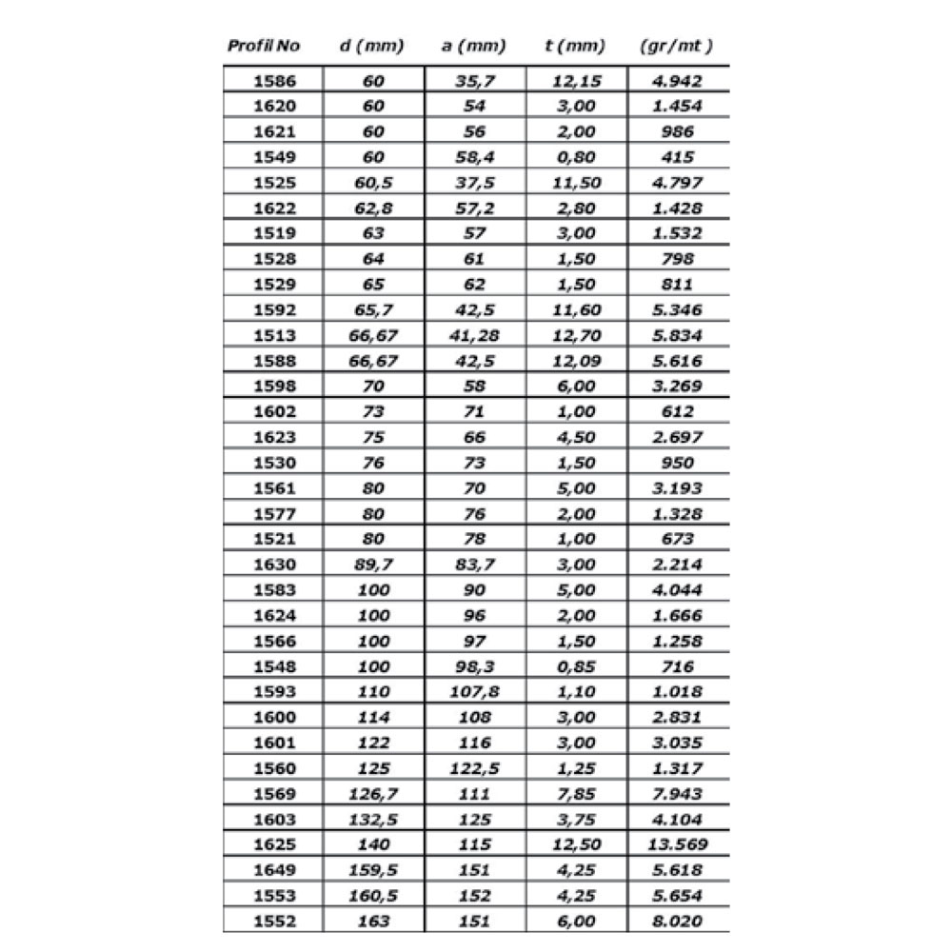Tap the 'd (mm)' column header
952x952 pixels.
tap(372, 46)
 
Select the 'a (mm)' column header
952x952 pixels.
tap(474, 46)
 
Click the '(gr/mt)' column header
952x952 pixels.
tap(678, 46)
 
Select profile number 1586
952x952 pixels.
tap(274, 81)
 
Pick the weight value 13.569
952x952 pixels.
tap(678, 844)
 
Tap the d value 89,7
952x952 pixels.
tap(373, 565)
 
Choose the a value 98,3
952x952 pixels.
tap(474, 666)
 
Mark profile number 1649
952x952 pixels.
tap(274, 870)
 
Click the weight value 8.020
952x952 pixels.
tap(678, 921)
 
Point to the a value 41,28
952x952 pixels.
tap(474, 335)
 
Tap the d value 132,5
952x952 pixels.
tap(373, 819)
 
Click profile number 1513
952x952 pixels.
tap(274, 335)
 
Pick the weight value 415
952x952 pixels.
tap(678, 157)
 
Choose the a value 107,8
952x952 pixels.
tap(474, 692)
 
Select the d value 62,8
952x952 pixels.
tap(373, 208)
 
